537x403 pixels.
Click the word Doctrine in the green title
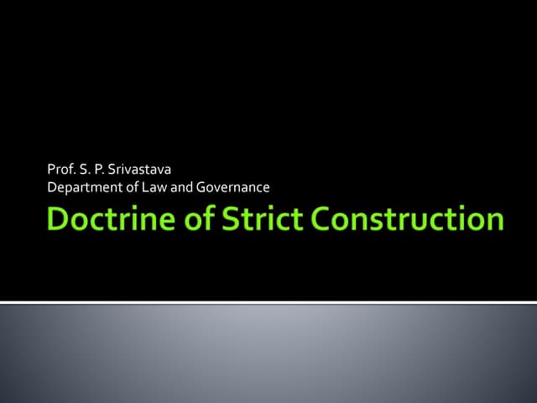(104, 221)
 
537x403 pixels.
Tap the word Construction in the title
(407, 221)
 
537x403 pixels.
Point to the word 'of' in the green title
(189, 221)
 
